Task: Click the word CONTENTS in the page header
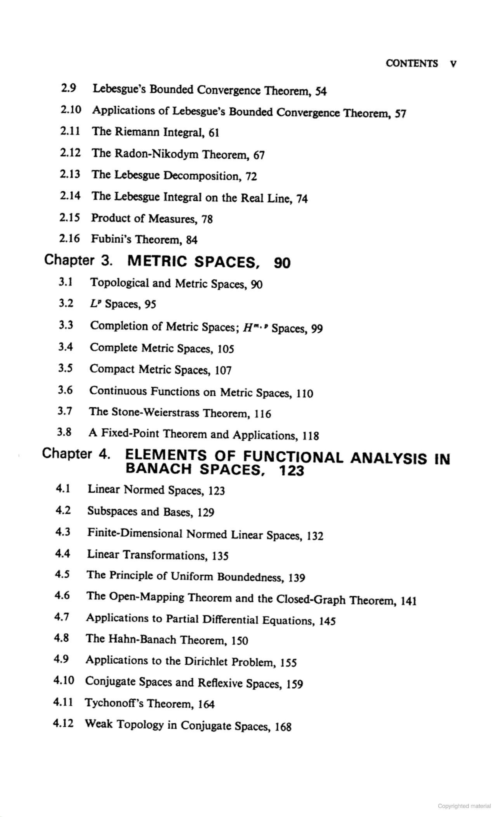pyautogui.click(x=411, y=63)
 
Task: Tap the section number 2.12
pyautogui.click(x=70, y=153)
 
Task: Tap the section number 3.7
pyautogui.click(x=65, y=411)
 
